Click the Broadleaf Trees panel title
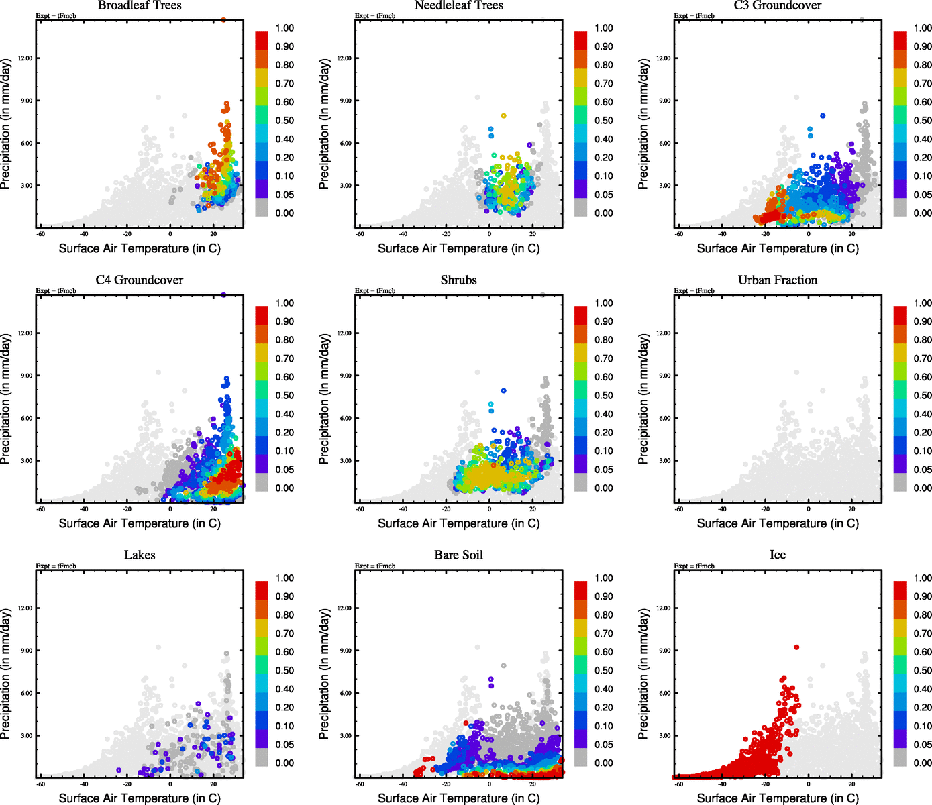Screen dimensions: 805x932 (x=140, y=6)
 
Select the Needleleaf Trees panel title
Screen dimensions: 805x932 (x=459, y=6)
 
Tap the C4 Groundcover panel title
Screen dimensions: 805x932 (x=140, y=280)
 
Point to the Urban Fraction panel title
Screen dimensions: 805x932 (x=778, y=280)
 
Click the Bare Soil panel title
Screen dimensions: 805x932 (x=459, y=555)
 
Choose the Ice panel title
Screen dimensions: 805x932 (x=778, y=555)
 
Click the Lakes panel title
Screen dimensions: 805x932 (x=140, y=555)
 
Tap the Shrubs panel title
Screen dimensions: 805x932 (x=459, y=280)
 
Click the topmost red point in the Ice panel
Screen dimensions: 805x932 (x=796, y=647)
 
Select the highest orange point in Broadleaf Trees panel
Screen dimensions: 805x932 (x=223, y=19)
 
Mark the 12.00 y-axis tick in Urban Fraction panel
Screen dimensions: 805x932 (x=663, y=333)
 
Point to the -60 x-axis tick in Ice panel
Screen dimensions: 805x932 (x=679, y=784)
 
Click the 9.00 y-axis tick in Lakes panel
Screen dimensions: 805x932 (x=25, y=651)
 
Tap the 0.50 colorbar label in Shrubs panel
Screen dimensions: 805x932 (x=604, y=396)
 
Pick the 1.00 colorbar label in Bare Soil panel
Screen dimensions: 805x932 (x=604, y=578)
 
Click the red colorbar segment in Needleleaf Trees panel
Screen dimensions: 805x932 (x=580, y=40)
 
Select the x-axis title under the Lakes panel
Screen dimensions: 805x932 (x=140, y=798)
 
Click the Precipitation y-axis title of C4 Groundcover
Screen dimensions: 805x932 (x=6, y=399)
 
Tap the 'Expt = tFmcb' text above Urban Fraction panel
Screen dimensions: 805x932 (x=694, y=291)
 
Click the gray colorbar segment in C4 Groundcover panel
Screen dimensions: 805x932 (x=262, y=482)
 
